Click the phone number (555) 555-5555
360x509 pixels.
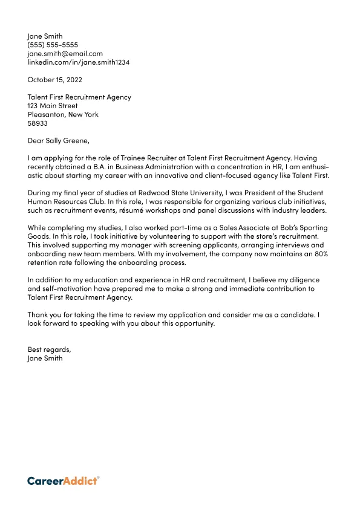[53, 45]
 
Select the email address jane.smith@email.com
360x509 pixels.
[65, 53]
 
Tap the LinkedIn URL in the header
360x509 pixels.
[78, 62]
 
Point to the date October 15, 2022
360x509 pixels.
[54, 79]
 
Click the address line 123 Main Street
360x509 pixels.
[53, 106]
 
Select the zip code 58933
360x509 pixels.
[38, 123]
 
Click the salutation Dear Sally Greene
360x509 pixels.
[58, 141]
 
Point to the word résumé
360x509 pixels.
[140, 210]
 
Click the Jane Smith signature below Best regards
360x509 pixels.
[45, 358]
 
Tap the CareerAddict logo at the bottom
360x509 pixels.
[63, 481]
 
